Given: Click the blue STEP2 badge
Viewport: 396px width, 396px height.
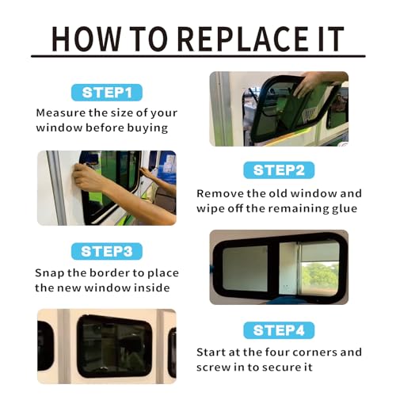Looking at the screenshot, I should (279, 169).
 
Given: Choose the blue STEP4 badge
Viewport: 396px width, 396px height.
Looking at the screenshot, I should (279, 330).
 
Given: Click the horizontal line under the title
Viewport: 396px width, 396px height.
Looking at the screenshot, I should (198, 56).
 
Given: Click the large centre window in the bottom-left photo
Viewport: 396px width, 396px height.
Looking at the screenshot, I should (114, 346).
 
